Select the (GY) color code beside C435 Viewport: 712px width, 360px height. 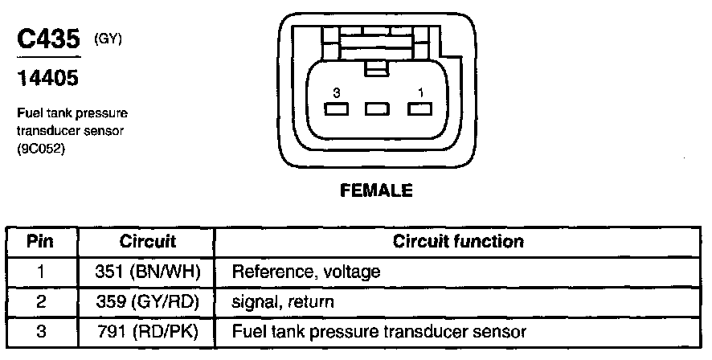108,37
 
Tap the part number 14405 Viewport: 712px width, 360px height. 44,80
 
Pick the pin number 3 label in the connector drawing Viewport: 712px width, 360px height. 325,93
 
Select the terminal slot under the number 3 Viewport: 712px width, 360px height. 334,110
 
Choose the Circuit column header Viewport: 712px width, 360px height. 147,241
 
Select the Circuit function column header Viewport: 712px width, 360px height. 458,241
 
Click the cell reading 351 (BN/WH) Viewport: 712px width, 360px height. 147,272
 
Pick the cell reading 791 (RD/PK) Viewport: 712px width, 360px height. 147,331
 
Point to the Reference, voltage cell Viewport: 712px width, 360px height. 305,272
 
